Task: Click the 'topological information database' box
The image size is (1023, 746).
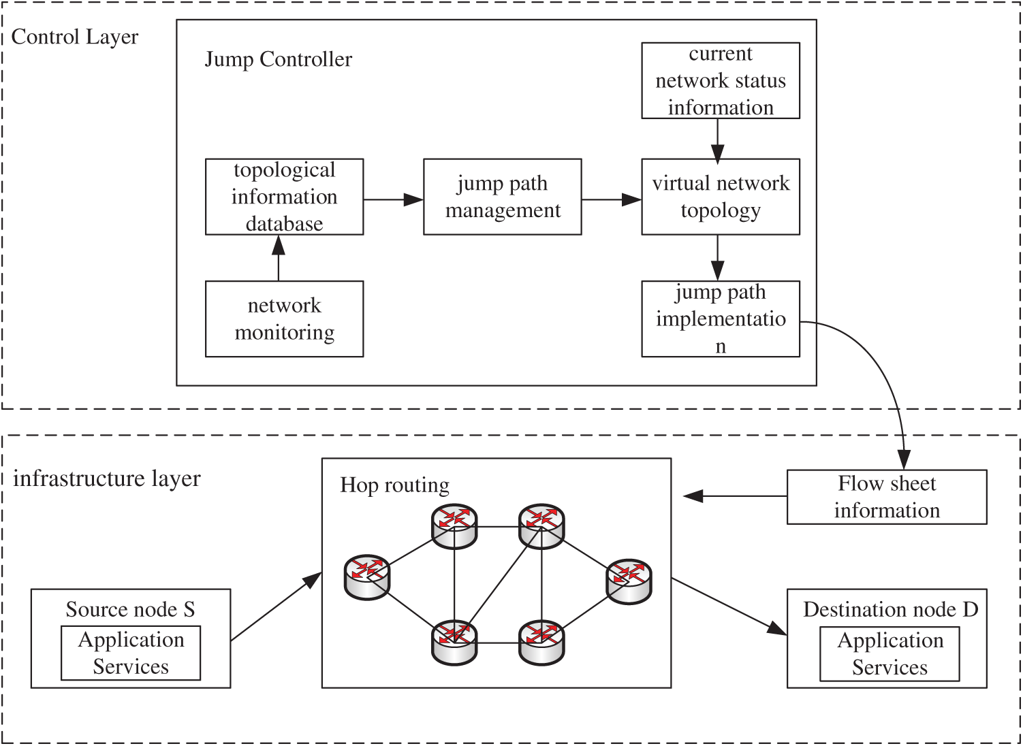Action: (284, 197)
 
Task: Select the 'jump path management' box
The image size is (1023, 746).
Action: (503, 197)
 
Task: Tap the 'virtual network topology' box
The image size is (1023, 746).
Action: (721, 197)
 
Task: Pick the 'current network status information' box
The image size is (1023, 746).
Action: (721, 80)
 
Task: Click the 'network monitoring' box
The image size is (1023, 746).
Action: (284, 319)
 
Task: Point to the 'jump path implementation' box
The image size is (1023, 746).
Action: (721, 319)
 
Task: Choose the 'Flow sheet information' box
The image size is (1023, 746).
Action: (887, 497)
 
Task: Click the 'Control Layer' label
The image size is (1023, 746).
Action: (75, 37)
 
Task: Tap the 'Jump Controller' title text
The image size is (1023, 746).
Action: (279, 59)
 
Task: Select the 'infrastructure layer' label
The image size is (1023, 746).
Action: (107, 479)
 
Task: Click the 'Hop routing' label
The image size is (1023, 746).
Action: (395, 485)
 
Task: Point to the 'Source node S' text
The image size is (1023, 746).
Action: (130, 609)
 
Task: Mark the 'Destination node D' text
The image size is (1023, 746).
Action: (890, 609)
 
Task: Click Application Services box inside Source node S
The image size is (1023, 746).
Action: (131, 653)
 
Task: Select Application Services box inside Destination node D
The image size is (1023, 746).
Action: (890, 653)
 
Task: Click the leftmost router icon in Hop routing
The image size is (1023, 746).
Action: (367, 577)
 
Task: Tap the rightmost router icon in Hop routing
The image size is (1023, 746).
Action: (629, 581)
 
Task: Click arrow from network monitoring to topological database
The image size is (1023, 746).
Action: (279, 258)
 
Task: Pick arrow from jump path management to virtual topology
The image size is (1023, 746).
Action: (611, 199)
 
